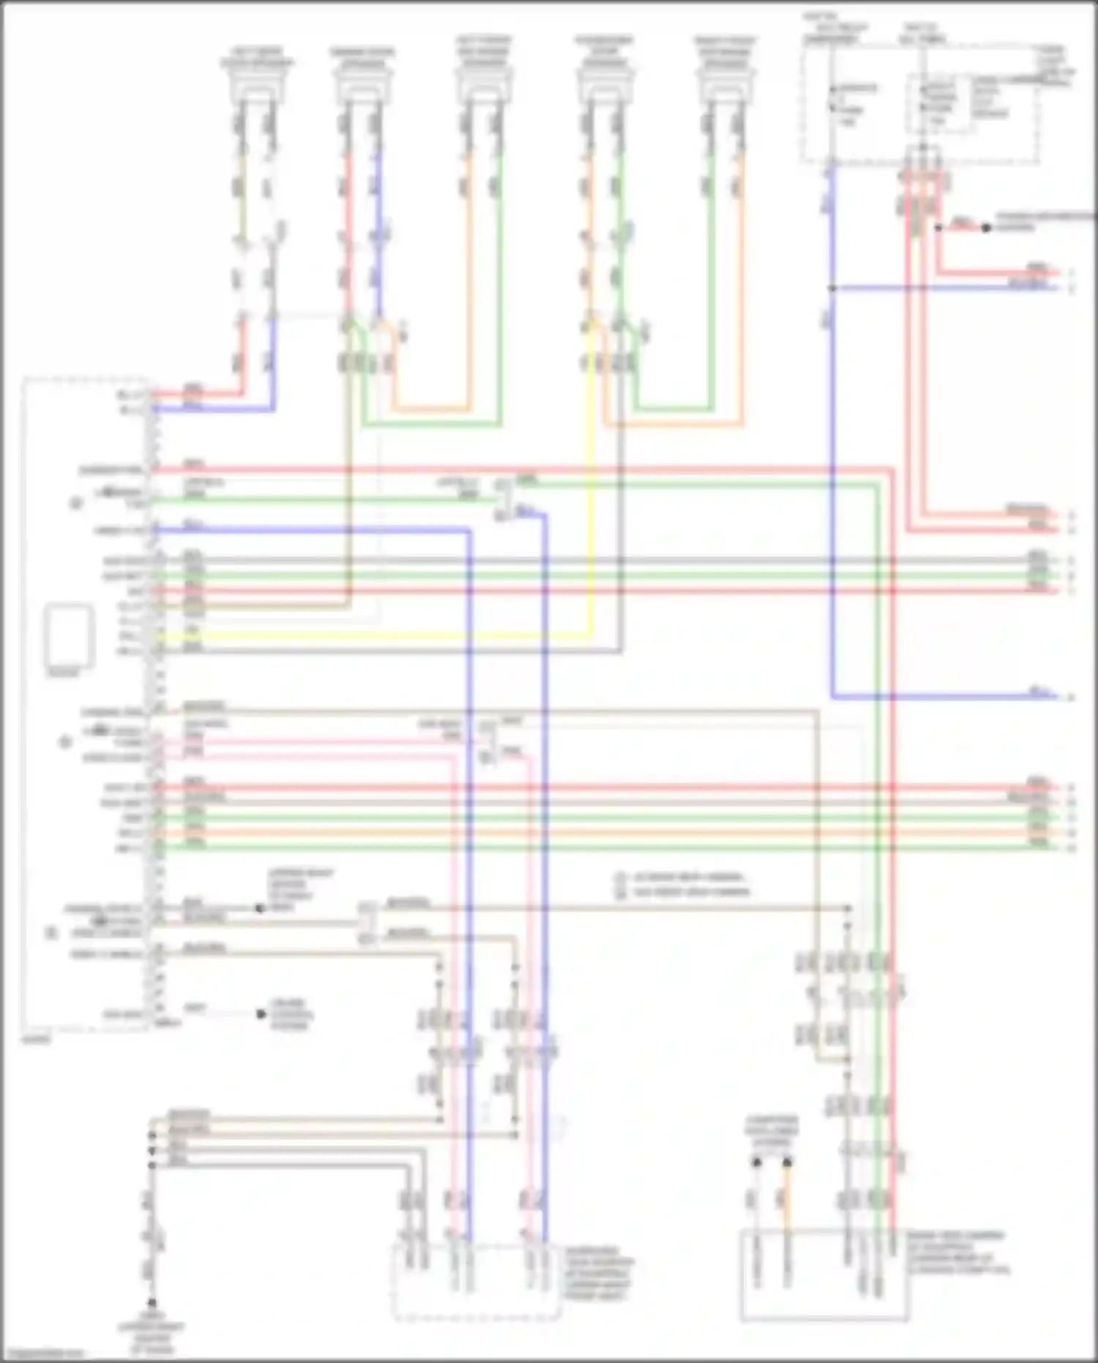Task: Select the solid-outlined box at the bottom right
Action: [x=824, y=1274]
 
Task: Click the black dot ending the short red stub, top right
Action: [x=986, y=228]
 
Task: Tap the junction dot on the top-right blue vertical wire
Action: [x=832, y=289]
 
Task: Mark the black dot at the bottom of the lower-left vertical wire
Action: [x=152, y=1302]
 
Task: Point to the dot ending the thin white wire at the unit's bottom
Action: [x=261, y=1014]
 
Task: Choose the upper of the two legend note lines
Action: [x=681, y=877]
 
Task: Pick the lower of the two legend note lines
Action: [x=681, y=892]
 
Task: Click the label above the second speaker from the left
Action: [x=362, y=58]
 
